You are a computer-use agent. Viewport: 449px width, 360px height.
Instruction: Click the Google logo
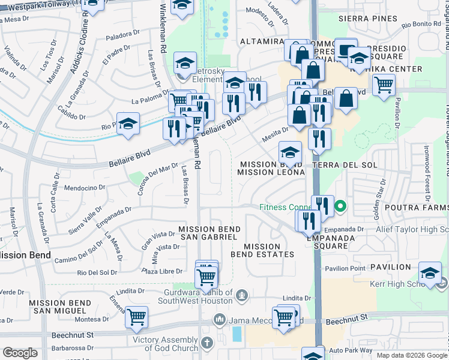[20, 353]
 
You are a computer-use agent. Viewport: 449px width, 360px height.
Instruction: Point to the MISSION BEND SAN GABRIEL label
[209, 233]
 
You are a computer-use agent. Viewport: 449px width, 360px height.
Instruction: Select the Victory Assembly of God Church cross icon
[206, 343]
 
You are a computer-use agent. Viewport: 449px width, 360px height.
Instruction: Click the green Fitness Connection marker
[340, 208]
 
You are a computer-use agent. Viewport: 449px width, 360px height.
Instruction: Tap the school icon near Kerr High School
[430, 274]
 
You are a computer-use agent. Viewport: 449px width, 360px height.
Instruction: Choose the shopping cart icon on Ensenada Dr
[137, 316]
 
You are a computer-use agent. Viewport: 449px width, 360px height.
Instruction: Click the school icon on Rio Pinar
[128, 124]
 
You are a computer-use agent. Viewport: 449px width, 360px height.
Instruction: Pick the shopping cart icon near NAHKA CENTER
[384, 84]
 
